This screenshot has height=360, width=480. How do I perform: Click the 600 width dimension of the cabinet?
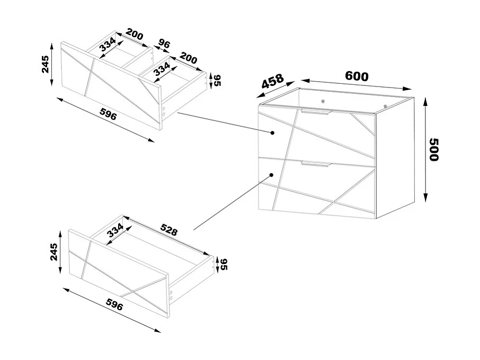(357, 76)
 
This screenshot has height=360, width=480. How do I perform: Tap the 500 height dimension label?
(434, 150)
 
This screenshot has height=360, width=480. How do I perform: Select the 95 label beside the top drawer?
(216, 80)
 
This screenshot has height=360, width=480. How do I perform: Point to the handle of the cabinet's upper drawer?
(316, 112)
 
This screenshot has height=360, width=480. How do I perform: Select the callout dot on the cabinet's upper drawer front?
(272, 133)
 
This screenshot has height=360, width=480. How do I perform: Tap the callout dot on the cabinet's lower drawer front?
(271, 174)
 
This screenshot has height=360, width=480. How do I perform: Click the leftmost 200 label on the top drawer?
(135, 36)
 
